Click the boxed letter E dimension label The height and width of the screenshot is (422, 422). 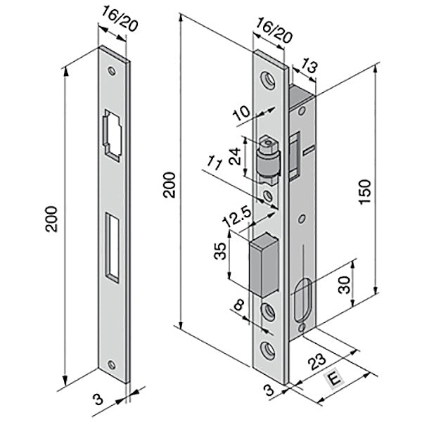[x=334, y=380]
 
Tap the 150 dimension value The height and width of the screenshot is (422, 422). [x=365, y=192]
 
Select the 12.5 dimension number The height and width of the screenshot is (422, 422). [x=237, y=217]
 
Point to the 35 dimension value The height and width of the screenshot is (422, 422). [x=220, y=251]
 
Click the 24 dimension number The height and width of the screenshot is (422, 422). [x=235, y=156]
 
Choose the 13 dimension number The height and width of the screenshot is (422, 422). [x=309, y=66]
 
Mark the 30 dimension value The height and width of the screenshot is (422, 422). [x=344, y=285]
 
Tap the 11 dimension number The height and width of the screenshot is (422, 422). [x=215, y=164]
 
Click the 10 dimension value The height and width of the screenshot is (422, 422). [x=241, y=113]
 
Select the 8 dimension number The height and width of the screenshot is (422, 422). [x=239, y=306]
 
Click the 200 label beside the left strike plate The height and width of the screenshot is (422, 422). [x=51, y=219]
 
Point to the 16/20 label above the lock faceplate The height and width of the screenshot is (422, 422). [x=274, y=30]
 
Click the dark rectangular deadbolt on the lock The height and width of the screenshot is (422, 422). [x=264, y=265]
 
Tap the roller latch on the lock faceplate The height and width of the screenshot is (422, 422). [x=268, y=160]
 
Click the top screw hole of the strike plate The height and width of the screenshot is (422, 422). [x=112, y=71]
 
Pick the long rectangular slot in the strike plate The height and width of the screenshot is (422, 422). [x=113, y=248]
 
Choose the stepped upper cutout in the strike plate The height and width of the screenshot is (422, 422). [x=112, y=135]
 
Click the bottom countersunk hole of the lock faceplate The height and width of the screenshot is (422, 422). [x=268, y=350]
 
